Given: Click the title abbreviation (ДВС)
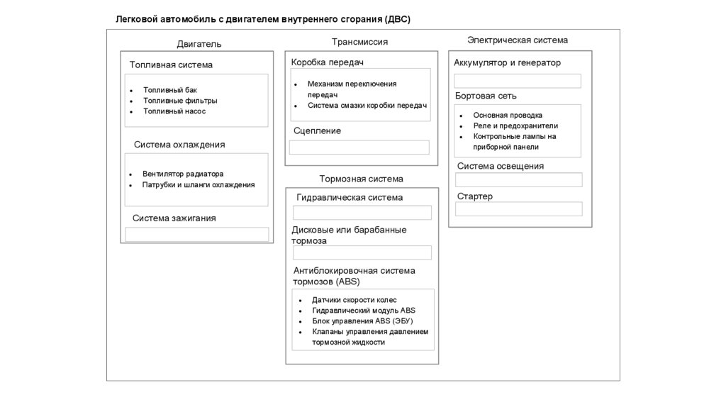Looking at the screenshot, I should (398, 19).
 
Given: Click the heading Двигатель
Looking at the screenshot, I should (199, 44).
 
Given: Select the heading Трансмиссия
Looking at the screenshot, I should (359, 42).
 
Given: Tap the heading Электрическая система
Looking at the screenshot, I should (518, 40).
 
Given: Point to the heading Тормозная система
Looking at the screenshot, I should (361, 179).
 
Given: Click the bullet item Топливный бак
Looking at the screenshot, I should (170, 90).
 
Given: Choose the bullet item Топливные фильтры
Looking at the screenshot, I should (180, 101).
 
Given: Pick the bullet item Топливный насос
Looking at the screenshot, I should (174, 111).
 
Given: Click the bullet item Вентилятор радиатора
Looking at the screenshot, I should (183, 174).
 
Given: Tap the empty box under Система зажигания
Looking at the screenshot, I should (197, 234).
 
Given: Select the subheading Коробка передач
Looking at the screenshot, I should (327, 62).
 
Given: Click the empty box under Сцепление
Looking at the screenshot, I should (359, 147).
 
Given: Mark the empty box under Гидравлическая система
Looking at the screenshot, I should (362, 213).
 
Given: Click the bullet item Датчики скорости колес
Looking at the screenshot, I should (350, 300).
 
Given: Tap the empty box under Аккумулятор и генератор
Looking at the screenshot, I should (518, 81).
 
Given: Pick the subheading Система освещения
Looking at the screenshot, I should (501, 166).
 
